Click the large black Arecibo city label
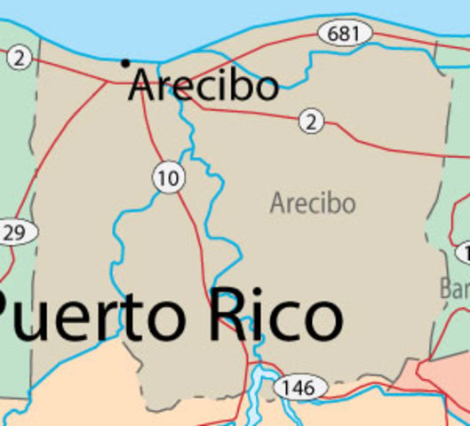click(x=203, y=86)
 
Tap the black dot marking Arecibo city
click(x=125, y=62)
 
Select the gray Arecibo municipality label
click(x=313, y=203)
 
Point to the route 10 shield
click(x=167, y=177)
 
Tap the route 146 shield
click(x=300, y=387)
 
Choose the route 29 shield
click(x=16, y=233)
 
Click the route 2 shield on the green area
click(x=20, y=59)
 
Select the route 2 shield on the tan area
click(x=311, y=121)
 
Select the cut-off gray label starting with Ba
click(x=454, y=288)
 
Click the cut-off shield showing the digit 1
click(x=464, y=254)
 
